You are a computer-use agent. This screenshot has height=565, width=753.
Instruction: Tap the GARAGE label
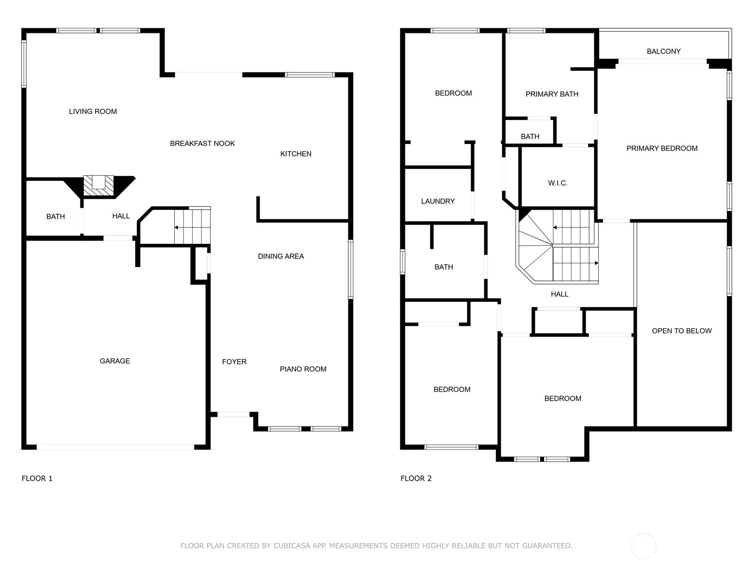pyautogui.click(x=115, y=361)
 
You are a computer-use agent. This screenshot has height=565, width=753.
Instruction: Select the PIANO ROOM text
pyautogui.click(x=303, y=369)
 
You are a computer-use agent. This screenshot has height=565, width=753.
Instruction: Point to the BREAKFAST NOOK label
pyautogui.click(x=202, y=144)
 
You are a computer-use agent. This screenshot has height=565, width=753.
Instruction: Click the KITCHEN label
pyautogui.click(x=296, y=153)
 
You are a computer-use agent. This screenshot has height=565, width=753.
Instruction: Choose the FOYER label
pyautogui.click(x=234, y=362)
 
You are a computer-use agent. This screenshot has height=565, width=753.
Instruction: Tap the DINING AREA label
pyautogui.click(x=281, y=256)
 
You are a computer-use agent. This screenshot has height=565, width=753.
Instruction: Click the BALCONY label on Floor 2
pyautogui.click(x=664, y=51)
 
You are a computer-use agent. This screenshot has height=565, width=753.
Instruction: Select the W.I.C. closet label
pyautogui.click(x=558, y=183)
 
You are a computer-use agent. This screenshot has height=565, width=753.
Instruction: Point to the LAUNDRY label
pyautogui.click(x=438, y=202)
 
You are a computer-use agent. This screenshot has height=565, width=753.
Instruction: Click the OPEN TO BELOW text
pyautogui.click(x=682, y=331)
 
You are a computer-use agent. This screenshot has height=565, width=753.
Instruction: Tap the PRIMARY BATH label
pyautogui.click(x=552, y=94)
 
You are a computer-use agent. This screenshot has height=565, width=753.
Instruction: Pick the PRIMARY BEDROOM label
pyautogui.click(x=662, y=148)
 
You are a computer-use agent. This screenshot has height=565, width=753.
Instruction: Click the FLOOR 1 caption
pyautogui.click(x=37, y=478)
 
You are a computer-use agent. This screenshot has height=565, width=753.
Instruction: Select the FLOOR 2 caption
pyautogui.click(x=416, y=478)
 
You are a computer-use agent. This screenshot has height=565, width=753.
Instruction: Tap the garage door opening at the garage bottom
pyautogui.click(x=115, y=447)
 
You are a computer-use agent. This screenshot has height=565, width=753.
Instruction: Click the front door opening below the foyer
pyautogui.click(x=233, y=414)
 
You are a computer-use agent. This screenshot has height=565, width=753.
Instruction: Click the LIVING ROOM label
pyautogui.click(x=93, y=112)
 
